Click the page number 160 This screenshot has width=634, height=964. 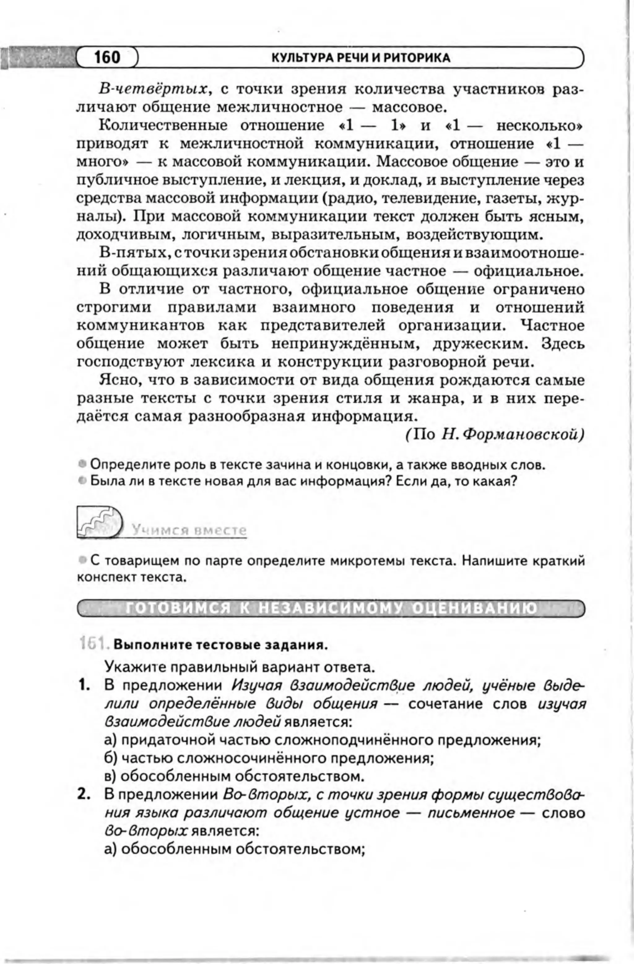tap(107, 57)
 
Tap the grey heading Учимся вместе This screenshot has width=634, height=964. tap(189, 530)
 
